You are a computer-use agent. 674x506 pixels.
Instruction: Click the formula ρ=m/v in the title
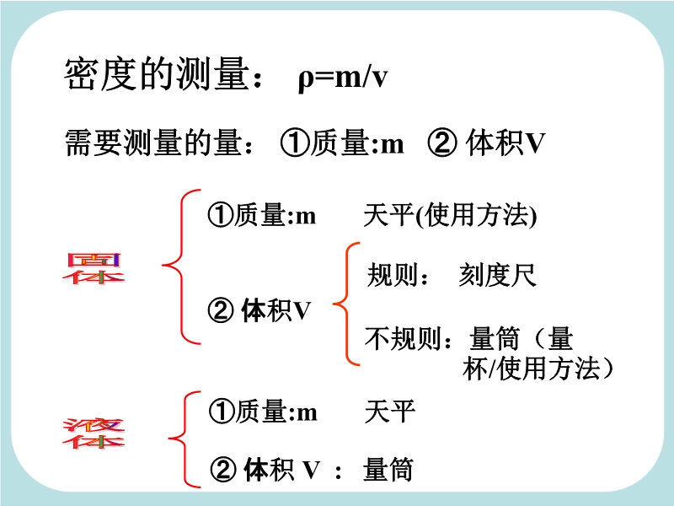[343, 78]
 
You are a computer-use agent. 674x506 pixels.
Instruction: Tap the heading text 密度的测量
[157, 74]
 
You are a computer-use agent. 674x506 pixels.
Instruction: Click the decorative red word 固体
[94, 268]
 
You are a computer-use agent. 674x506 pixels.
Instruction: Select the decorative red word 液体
[94, 433]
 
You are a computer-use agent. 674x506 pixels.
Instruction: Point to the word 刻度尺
[497, 275]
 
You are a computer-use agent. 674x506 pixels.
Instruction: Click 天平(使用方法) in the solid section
[450, 215]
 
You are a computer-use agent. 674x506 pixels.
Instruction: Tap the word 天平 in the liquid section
[390, 412]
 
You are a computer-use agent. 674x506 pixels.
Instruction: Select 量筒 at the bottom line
[388, 470]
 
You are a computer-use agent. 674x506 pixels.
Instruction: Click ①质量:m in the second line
[342, 143]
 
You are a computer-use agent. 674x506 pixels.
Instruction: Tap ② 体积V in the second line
[486, 143]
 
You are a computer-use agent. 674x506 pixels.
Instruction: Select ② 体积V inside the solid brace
[259, 310]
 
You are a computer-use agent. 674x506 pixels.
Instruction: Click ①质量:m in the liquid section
[263, 412]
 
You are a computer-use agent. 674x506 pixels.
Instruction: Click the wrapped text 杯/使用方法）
[538, 369]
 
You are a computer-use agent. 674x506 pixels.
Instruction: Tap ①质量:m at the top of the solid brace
[262, 215]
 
